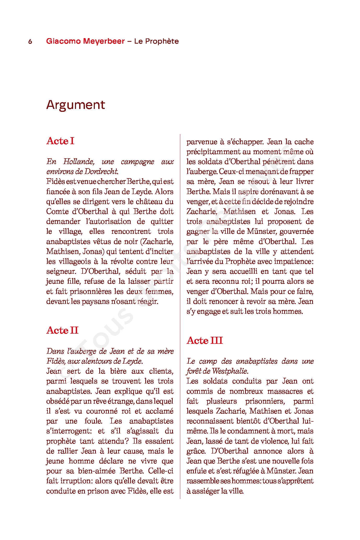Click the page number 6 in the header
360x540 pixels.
[30, 42]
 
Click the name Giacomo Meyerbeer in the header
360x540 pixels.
[85, 41]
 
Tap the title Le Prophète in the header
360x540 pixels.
[156, 41]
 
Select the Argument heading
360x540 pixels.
[76, 105]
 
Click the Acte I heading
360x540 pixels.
[60, 141]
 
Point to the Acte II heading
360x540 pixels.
[62, 330]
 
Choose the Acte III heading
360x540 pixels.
[205, 341]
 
